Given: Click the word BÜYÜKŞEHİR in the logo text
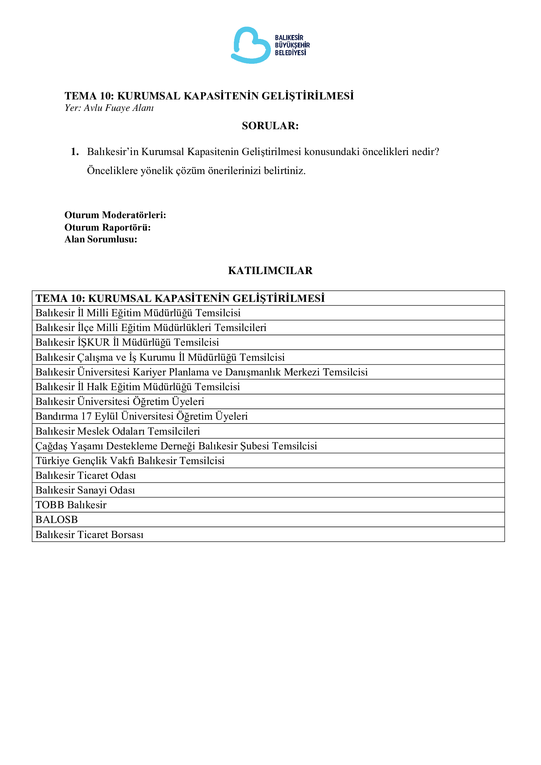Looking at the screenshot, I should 292,45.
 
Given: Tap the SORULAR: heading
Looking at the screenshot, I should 270,126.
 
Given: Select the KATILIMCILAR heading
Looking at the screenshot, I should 270,270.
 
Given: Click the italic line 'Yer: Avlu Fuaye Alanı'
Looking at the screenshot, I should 109,108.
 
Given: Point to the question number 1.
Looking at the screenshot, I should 75,152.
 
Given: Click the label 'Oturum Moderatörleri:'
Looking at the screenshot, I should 115,215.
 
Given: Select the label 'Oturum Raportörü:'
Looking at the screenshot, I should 107,227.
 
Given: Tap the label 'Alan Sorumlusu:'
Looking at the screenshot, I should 101,239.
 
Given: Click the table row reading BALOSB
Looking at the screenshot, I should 57,519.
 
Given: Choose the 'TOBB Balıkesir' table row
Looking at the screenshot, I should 71,505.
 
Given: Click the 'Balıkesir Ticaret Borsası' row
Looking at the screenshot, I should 89,534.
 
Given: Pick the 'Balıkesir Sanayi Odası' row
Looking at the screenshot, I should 85,490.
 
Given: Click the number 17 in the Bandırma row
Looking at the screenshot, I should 86,416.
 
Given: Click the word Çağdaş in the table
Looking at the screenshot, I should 51,446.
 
